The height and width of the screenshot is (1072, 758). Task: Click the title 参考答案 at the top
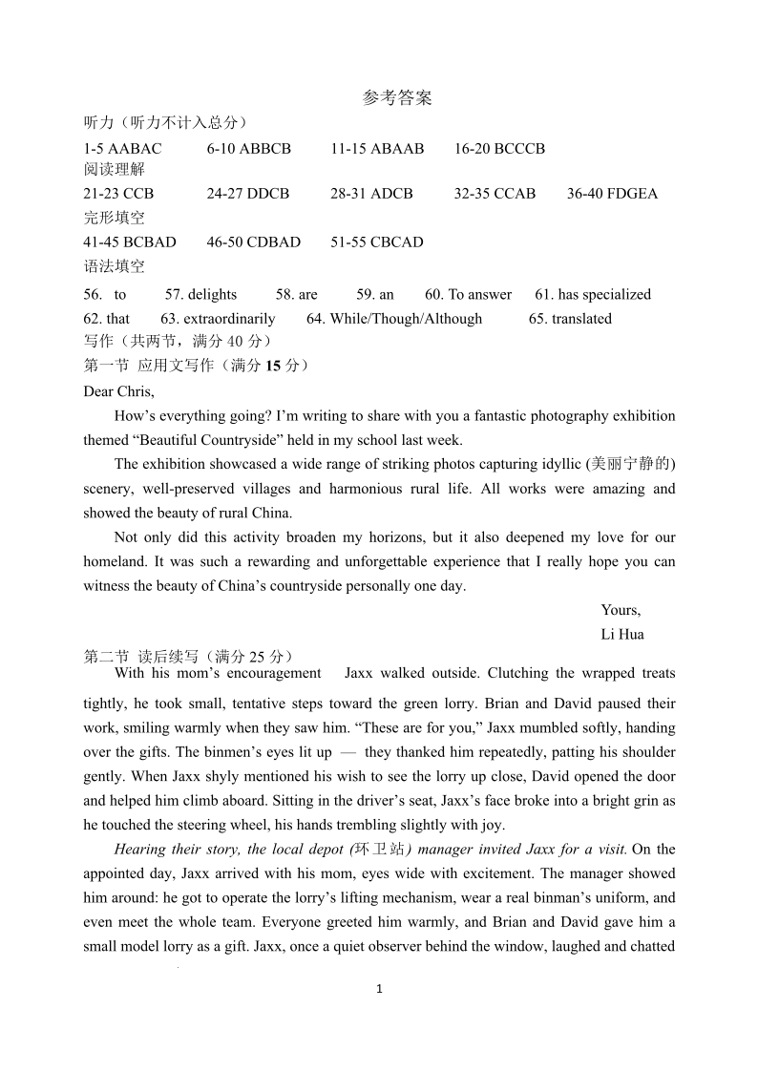point(397,97)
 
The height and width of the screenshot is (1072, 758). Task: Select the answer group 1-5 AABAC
point(123,149)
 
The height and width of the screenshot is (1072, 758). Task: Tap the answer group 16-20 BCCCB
point(499,149)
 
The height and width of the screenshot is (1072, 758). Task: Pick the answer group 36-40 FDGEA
point(612,194)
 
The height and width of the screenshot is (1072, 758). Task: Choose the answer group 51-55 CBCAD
point(376,242)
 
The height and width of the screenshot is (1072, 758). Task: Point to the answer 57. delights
point(200,295)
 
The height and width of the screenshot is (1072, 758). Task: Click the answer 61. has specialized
point(592,295)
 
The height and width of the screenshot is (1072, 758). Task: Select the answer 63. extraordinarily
point(218,319)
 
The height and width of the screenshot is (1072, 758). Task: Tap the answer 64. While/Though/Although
point(394,319)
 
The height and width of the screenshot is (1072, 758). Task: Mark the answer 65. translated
point(570,319)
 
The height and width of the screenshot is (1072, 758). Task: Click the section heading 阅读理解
point(115,170)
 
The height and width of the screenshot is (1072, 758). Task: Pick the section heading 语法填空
point(115,266)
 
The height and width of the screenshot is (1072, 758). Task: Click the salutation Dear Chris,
point(119,391)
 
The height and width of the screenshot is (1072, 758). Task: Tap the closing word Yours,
point(621,611)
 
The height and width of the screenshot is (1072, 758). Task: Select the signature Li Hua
point(622,635)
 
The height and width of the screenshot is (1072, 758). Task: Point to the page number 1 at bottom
point(379,989)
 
